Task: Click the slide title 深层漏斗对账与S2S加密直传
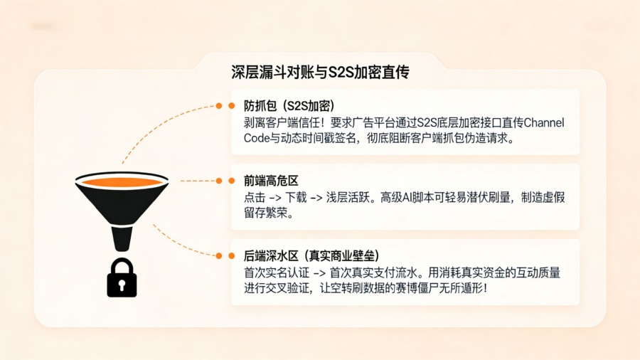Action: pyautogui.click(x=320, y=72)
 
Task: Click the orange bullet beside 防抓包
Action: pyautogui.click(x=231, y=106)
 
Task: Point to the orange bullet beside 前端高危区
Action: pyautogui.click(x=231, y=181)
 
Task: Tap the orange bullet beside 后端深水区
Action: pyautogui.click(x=231, y=255)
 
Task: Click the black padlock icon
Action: pyautogui.click(x=122, y=280)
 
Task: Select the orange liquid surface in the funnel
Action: pyautogui.click(x=122, y=183)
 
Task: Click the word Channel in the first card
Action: pyautogui.click(x=543, y=123)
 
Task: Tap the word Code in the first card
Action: pyautogui.click(x=255, y=139)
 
